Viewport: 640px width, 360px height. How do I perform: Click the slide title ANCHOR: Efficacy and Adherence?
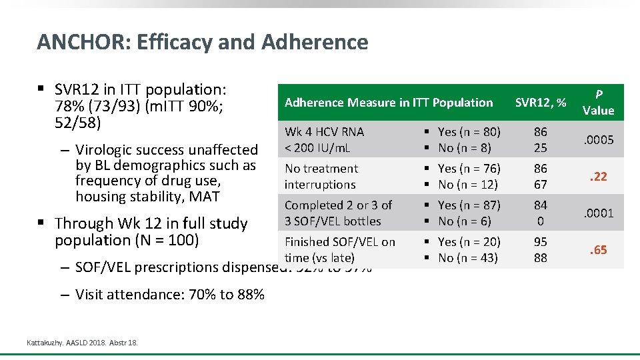coord(202,42)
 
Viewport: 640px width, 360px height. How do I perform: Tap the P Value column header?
coord(597,102)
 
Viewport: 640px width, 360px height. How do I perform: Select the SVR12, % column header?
coord(540,102)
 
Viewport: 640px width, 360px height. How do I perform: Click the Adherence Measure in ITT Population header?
coord(388,102)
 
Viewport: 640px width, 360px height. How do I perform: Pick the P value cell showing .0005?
coord(597,140)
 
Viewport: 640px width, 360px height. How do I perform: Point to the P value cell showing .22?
coord(597,177)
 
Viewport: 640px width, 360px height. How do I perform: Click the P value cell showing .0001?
coord(597,213)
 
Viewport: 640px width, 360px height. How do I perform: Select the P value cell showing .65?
coord(597,250)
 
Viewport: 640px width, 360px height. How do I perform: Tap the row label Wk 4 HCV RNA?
coord(324,132)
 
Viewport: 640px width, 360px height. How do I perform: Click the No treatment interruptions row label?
coord(321,177)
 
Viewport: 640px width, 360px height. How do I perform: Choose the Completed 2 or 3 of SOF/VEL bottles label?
coord(338,213)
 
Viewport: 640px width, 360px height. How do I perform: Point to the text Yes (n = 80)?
coord(469,132)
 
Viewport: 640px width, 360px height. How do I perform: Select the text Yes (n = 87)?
coord(469,205)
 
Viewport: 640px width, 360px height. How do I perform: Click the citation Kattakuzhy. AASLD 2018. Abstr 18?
coord(82,343)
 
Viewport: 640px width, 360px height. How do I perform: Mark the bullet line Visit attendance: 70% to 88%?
coord(169,294)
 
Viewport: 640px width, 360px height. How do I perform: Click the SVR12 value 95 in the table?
coord(540,242)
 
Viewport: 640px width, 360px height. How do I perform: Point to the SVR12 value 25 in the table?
coord(540,148)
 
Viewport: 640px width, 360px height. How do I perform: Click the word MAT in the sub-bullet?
coord(205,197)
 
